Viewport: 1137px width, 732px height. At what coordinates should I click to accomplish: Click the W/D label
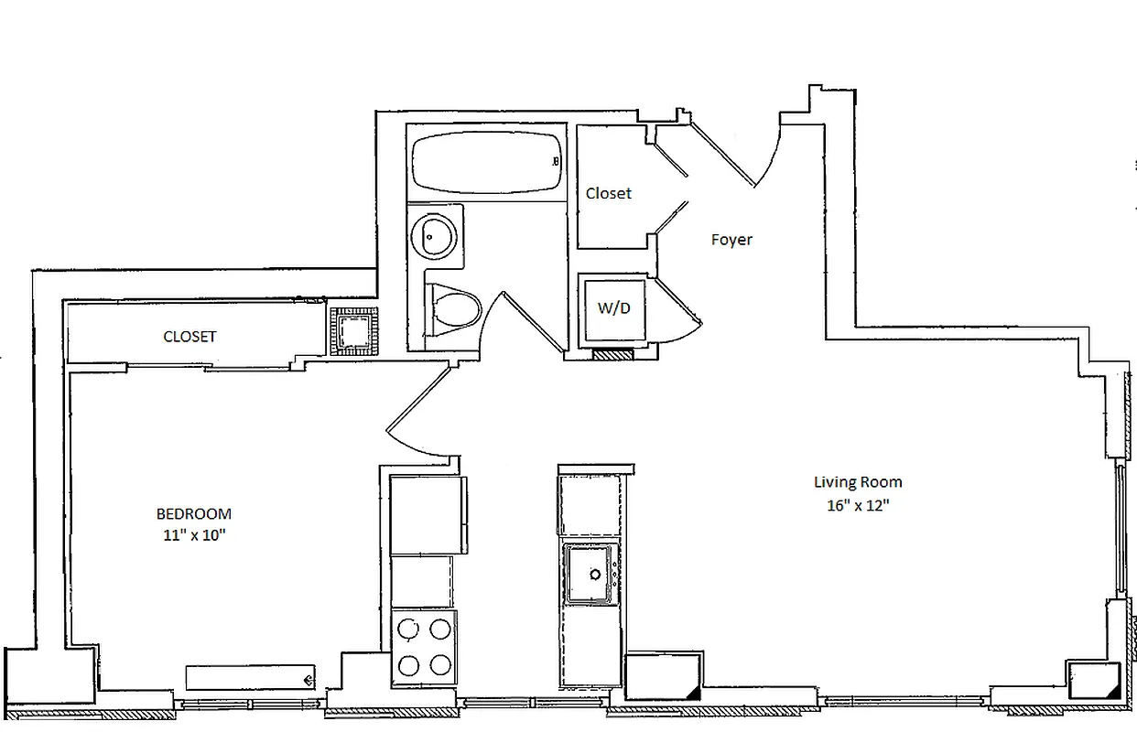tap(613, 308)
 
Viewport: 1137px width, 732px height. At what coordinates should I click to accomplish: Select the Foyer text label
tap(731, 240)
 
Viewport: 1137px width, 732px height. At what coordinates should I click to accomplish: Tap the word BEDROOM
tap(193, 514)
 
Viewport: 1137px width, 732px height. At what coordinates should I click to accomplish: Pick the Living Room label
tap(858, 482)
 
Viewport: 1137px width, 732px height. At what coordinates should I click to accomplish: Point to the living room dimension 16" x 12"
tap(858, 504)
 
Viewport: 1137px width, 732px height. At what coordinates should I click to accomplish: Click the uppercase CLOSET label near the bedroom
tap(189, 337)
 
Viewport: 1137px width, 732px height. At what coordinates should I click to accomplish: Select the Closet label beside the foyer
tap(609, 194)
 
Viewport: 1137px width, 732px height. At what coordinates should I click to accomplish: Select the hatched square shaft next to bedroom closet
tap(354, 330)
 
